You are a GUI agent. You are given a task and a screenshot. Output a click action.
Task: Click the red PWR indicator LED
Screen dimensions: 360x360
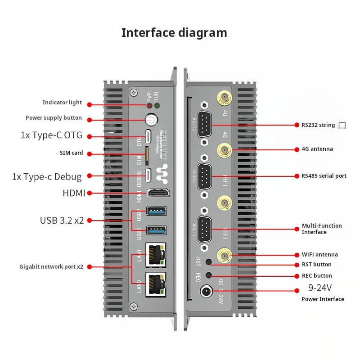(148, 106)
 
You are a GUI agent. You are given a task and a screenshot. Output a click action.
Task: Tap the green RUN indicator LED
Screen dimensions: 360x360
(157, 106)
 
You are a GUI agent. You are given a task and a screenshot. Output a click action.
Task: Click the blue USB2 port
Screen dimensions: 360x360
(157, 211)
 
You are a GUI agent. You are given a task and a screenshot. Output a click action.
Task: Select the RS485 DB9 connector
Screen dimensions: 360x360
(205, 176)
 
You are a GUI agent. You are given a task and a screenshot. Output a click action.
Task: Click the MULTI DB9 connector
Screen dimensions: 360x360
(205, 229)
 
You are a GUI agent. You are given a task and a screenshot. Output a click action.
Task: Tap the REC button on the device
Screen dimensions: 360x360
(208, 275)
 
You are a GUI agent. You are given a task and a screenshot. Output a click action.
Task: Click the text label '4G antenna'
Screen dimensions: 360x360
(317, 149)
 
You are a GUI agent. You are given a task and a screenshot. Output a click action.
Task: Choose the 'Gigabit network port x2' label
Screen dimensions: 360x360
(51, 266)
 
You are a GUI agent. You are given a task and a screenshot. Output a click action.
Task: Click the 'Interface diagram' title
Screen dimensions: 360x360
(174, 33)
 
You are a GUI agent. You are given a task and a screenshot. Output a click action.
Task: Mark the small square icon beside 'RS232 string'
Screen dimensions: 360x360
(342, 126)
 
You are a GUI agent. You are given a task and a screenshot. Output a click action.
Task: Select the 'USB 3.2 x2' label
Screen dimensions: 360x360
(62, 220)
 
